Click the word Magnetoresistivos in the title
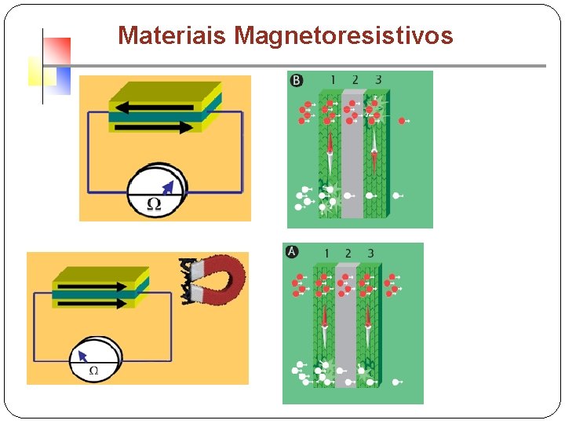pyautogui.click(x=343, y=36)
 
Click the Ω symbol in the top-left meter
pyautogui.click(x=155, y=203)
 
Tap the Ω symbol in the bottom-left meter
pyautogui.click(x=93, y=370)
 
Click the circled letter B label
pyautogui.click(x=297, y=81)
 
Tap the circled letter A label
pyautogui.click(x=292, y=252)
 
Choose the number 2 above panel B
pyautogui.click(x=355, y=80)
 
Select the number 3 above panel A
pyautogui.click(x=370, y=253)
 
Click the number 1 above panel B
pyautogui.click(x=333, y=80)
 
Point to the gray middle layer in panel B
pyautogui.click(x=353, y=157)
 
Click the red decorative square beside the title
pyautogui.click(x=57, y=51)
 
